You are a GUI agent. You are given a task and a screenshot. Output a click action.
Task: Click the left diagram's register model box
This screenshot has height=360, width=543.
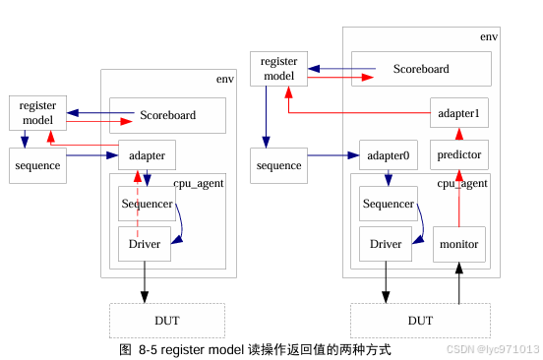(x=37, y=113)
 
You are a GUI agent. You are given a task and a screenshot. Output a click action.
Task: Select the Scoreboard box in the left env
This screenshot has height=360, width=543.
(x=167, y=115)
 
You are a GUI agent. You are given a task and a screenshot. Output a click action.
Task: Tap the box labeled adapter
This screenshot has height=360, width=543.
(x=147, y=155)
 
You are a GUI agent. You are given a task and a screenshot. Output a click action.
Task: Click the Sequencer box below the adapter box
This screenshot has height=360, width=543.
(x=147, y=204)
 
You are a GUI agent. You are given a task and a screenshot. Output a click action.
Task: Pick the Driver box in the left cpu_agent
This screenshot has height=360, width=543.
(x=145, y=243)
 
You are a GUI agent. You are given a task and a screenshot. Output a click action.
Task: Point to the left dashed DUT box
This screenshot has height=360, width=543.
(x=166, y=321)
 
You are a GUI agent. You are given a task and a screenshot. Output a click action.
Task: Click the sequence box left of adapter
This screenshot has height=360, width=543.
(x=37, y=165)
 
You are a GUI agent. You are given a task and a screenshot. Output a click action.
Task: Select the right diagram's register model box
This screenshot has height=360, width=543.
(x=278, y=69)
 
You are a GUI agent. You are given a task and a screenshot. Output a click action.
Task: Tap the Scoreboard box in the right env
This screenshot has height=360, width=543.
(x=421, y=69)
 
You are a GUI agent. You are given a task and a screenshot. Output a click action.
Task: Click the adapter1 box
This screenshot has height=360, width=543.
(x=458, y=114)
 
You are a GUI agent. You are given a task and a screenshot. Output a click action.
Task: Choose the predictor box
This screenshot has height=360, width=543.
(x=458, y=155)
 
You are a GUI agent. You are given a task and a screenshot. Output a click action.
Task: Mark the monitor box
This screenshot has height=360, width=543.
(x=458, y=244)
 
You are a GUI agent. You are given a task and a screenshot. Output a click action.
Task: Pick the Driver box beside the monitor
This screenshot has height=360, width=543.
(x=386, y=244)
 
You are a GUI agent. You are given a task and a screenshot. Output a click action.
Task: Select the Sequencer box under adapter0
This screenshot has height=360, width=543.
(x=389, y=204)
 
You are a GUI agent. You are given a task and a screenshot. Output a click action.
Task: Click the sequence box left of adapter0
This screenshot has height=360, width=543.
(x=278, y=165)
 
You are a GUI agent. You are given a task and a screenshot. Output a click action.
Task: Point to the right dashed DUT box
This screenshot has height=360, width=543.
(x=420, y=321)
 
